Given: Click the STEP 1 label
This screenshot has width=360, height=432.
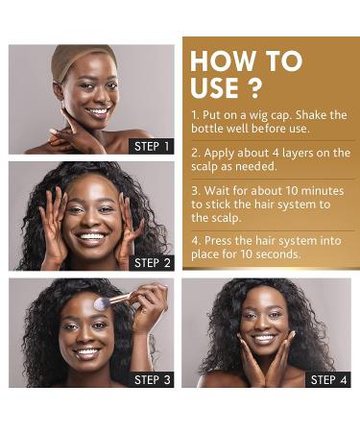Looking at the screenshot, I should coord(152,146).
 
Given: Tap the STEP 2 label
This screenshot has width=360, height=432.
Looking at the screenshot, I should coord(152,262).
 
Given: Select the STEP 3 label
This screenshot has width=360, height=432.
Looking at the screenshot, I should coord(152,379).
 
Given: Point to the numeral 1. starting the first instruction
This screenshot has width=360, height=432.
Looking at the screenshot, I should coord(195,115).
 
